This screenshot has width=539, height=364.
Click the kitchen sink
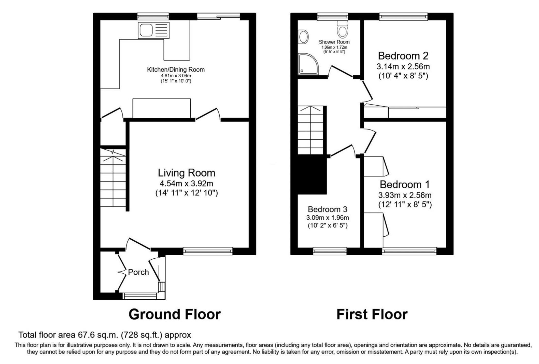point(154,30)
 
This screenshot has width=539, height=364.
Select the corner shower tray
point(308,64)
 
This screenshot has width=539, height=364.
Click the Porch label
point(138,272)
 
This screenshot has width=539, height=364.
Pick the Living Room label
point(187,173)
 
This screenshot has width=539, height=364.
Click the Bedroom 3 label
point(328,209)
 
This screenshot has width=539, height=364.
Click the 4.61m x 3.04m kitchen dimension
point(176,76)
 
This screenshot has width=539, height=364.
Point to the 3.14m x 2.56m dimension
point(403,67)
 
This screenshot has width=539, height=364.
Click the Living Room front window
point(208,251)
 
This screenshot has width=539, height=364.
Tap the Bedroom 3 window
point(330,251)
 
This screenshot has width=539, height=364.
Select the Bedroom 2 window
point(403,17)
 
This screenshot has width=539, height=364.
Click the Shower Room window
point(332,17)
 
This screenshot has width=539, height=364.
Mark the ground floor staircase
point(113,178)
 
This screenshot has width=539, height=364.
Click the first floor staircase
point(311,130)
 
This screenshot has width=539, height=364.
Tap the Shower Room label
point(334,42)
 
